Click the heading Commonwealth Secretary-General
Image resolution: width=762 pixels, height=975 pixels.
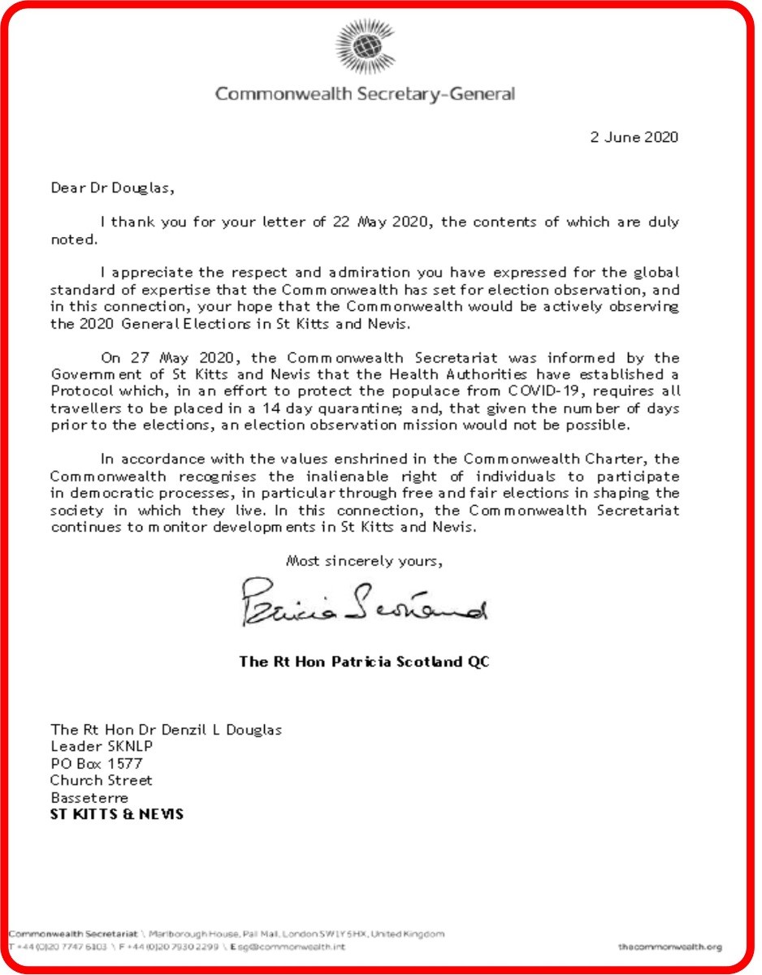click(x=365, y=94)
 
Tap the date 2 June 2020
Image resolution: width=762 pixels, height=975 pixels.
click(x=634, y=137)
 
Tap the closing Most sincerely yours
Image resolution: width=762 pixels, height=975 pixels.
click(x=364, y=560)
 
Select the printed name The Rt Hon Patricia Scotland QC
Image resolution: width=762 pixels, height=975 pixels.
click(x=365, y=661)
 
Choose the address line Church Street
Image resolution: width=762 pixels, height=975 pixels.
click(x=102, y=780)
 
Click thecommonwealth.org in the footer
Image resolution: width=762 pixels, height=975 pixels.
click(x=669, y=947)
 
